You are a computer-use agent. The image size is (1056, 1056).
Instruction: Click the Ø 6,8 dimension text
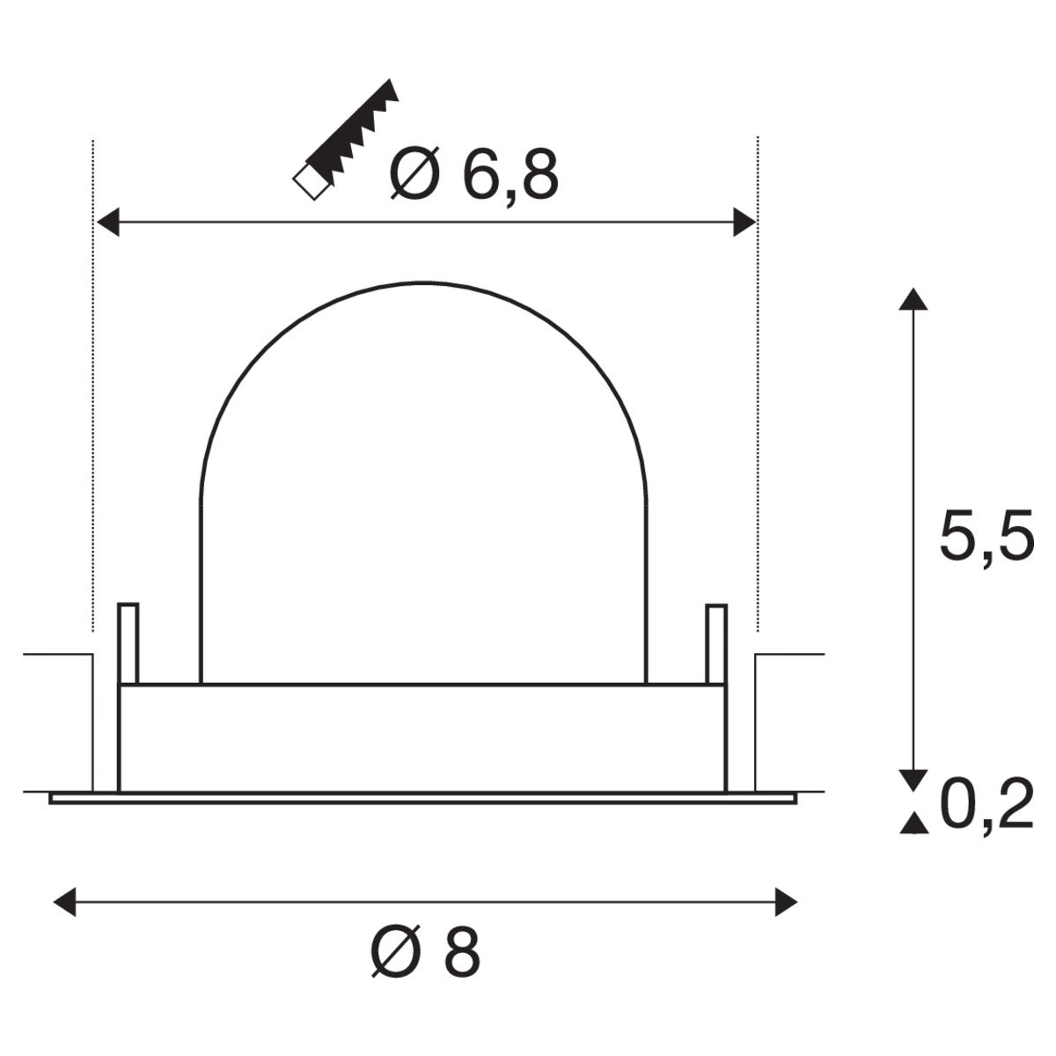[473, 174]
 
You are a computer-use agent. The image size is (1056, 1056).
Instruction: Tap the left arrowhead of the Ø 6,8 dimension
[107, 224]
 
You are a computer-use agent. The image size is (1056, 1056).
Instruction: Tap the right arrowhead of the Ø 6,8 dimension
[744, 224]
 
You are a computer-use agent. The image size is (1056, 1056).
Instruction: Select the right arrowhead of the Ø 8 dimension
[786, 902]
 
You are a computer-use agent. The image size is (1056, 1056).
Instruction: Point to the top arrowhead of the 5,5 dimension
[913, 298]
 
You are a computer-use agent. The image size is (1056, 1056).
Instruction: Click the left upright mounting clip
[128, 643]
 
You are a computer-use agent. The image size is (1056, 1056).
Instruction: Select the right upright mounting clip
[716, 643]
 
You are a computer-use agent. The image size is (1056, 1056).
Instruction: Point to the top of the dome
[423, 283]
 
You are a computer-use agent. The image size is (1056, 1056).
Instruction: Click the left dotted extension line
[92, 396]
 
